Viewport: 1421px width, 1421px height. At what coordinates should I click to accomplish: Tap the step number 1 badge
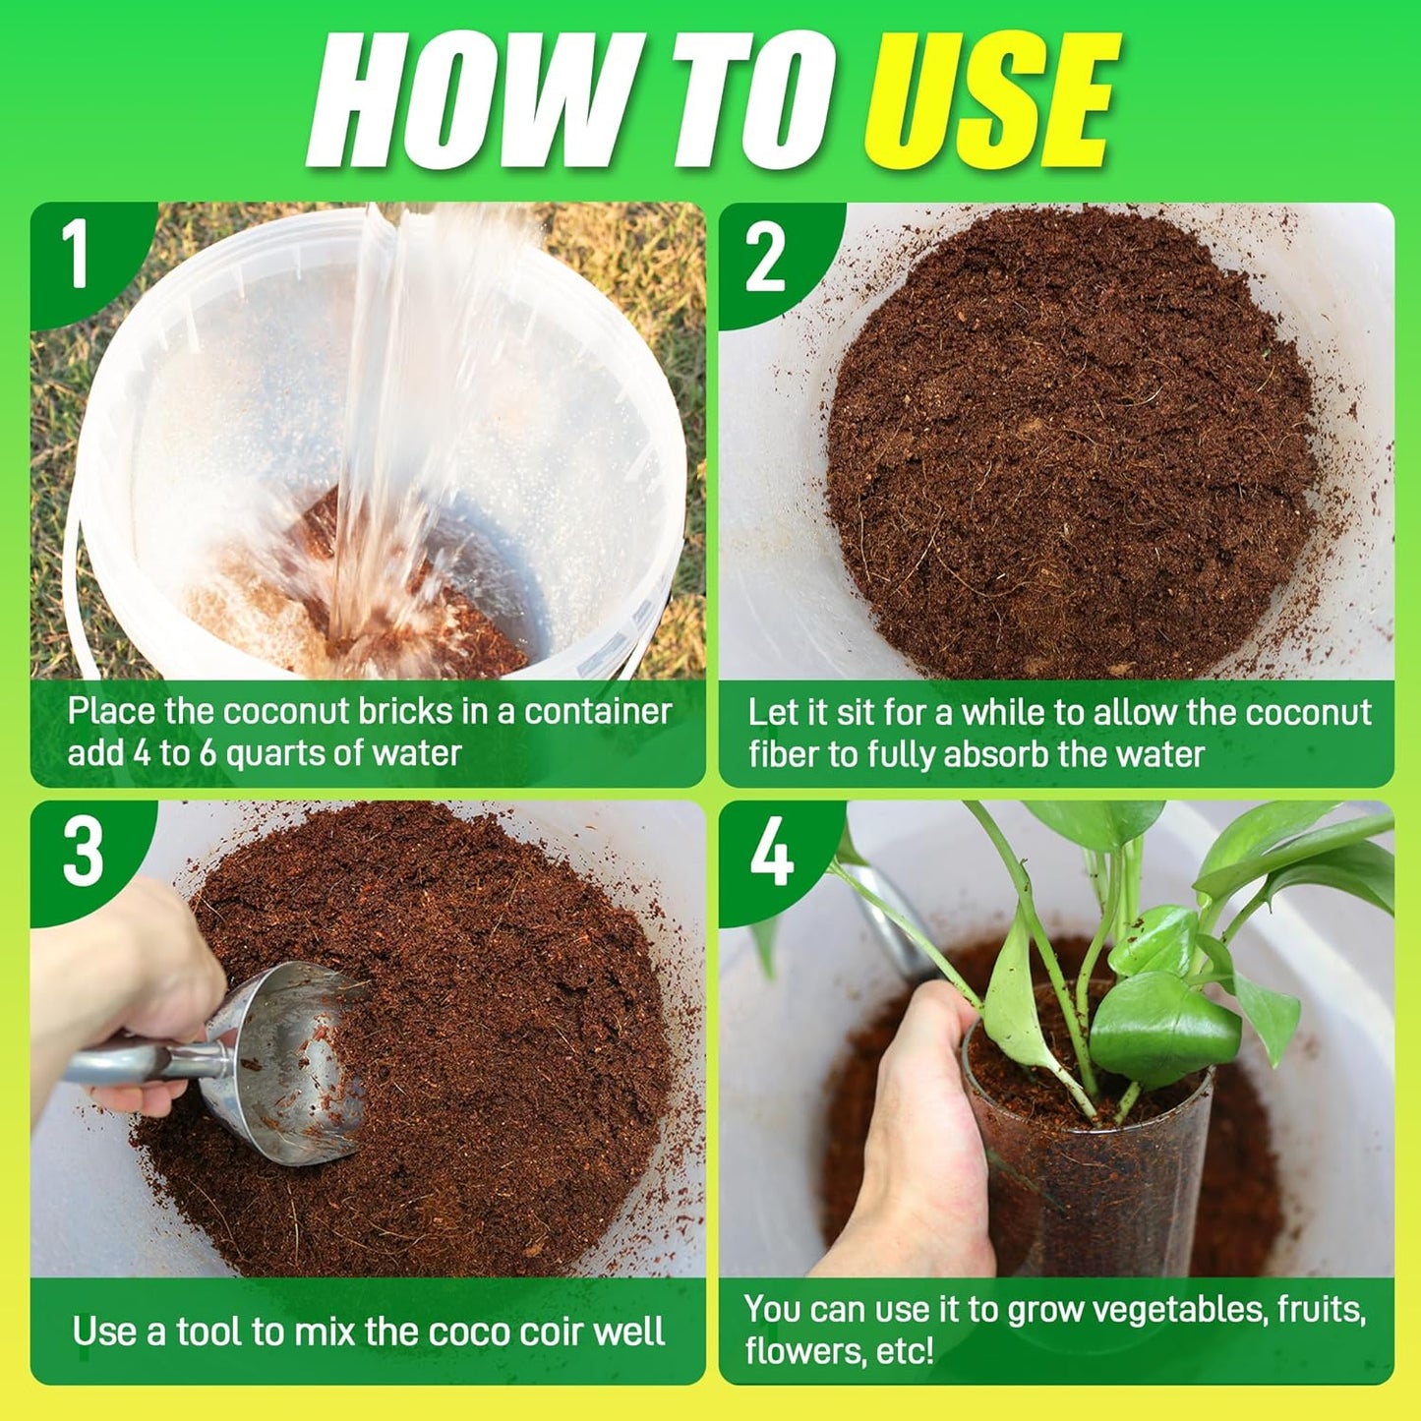coord(77,255)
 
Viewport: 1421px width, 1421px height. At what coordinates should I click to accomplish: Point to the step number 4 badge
coord(772,853)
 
